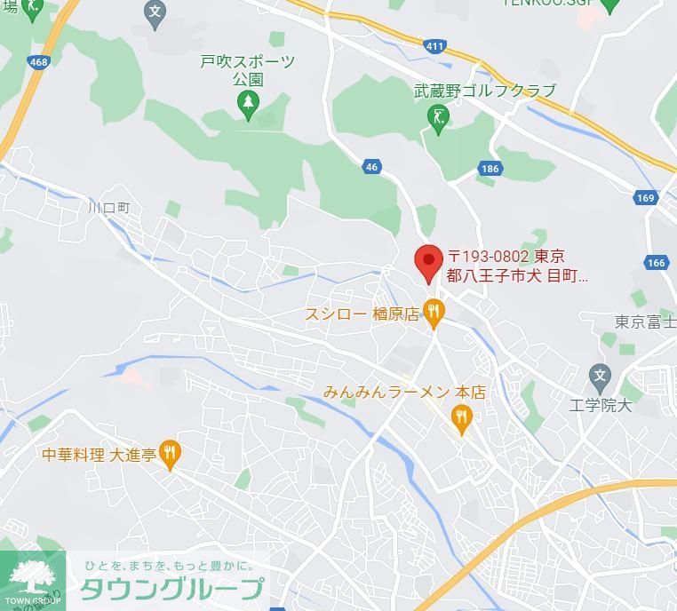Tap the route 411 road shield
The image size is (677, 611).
(x=434, y=46)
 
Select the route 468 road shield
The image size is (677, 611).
(x=38, y=61)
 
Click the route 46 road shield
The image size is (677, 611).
(x=371, y=167)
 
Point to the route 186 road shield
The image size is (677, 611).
(x=490, y=169)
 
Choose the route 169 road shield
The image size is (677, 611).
(x=646, y=198)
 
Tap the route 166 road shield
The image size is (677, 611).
(x=656, y=262)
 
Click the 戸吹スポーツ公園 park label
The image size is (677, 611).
(x=247, y=70)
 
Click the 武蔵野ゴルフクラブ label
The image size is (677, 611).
(x=484, y=91)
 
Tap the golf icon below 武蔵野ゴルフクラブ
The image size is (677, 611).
(x=438, y=116)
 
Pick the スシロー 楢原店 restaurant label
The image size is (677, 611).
(x=362, y=314)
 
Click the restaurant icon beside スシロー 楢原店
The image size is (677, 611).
(x=434, y=312)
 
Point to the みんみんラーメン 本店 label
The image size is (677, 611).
(x=404, y=392)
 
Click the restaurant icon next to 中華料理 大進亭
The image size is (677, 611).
(x=170, y=453)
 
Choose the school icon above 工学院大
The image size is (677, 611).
(x=600, y=376)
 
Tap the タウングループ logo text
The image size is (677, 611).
(x=172, y=588)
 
